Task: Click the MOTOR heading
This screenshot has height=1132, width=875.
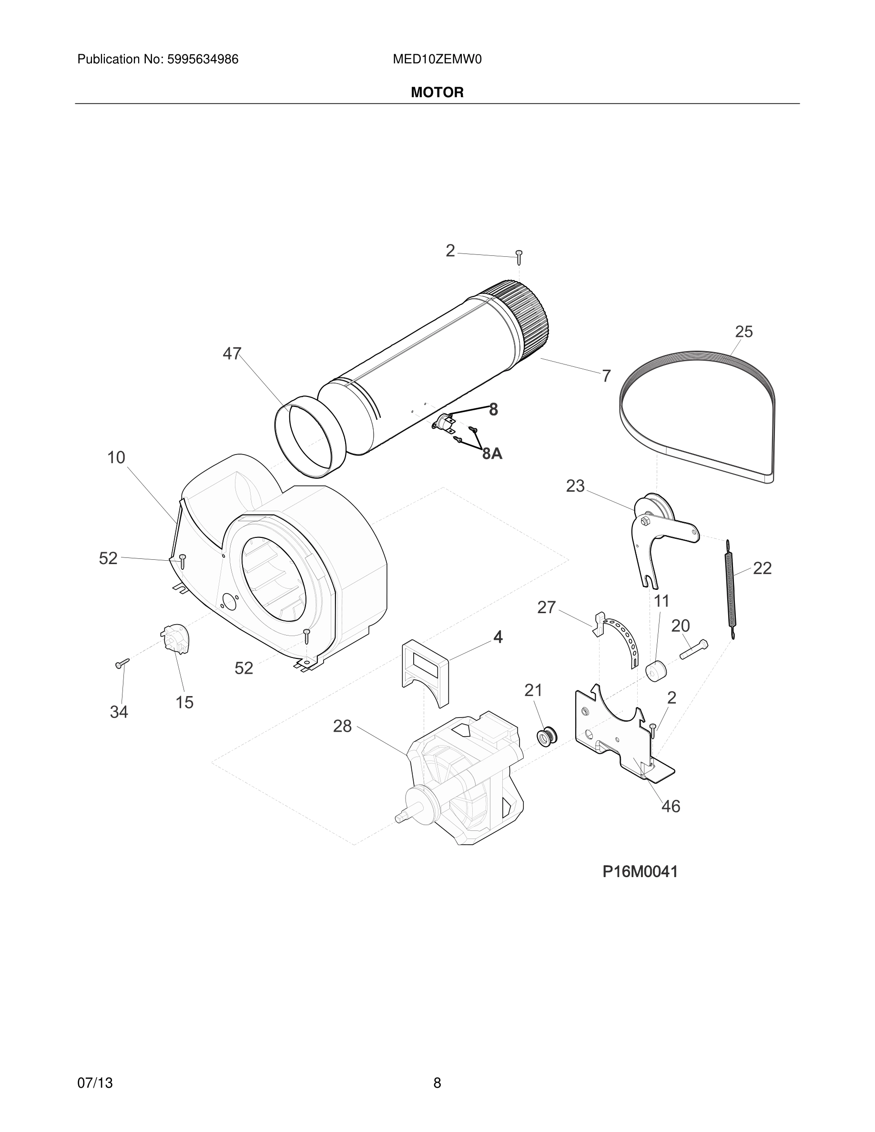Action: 437,92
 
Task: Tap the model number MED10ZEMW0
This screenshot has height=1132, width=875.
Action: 437,60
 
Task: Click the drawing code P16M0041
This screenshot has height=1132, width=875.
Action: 640,872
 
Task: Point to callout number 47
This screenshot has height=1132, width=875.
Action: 232,354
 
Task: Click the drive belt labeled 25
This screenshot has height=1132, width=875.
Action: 700,358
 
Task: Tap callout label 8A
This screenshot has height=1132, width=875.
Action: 492,454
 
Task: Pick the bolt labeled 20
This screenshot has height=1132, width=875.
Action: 693,649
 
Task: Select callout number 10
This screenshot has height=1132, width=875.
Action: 116,457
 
